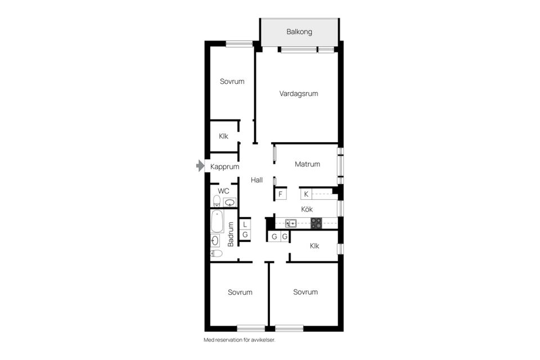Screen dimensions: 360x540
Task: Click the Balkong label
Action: (299, 32)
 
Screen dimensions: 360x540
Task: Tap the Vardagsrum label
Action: (299, 93)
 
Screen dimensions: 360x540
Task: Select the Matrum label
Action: (308, 164)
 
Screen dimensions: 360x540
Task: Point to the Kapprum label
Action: (225, 166)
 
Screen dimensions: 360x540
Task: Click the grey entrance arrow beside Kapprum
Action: (200, 166)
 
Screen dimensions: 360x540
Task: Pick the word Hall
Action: (257, 180)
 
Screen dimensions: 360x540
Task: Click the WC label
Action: (224, 191)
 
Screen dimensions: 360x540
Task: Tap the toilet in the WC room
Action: (217, 201)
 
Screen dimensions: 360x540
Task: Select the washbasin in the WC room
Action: (229, 202)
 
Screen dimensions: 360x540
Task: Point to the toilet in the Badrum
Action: (216, 253)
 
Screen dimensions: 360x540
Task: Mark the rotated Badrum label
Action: (231, 234)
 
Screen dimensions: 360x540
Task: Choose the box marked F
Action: (280, 194)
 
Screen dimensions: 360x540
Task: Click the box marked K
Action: (306, 194)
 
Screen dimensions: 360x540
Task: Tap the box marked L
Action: (245, 224)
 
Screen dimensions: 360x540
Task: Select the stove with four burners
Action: (316, 223)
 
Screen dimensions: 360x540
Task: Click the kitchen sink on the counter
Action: (291, 223)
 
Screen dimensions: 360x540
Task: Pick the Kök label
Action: (307, 209)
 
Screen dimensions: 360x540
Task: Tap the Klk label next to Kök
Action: (315, 246)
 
